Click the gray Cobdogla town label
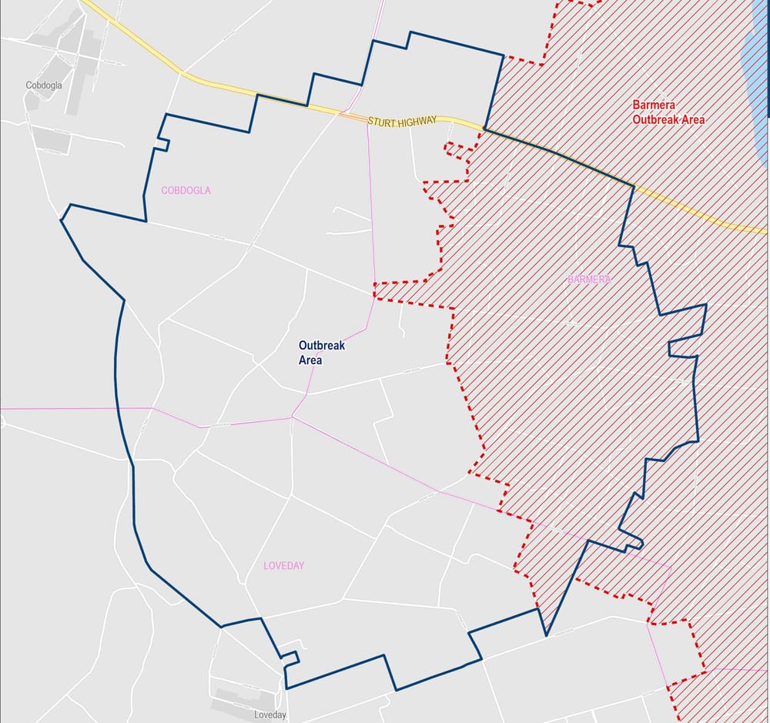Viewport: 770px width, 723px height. tap(43, 85)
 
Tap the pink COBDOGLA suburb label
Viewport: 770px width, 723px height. tap(186, 190)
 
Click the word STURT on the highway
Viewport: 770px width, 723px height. tap(382, 122)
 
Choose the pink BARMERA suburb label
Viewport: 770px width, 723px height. tap(588, 279)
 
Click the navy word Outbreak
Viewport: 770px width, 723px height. tap(322, 346)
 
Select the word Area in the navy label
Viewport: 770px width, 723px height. tap(310, 360)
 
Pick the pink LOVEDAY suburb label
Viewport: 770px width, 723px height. tap(283, 566)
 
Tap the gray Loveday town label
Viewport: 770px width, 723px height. tap(269, 715)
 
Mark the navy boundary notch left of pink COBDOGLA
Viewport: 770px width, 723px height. tap(162, 143)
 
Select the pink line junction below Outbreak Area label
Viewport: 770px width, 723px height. tap(292, 417)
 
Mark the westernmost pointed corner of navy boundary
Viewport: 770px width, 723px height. tap(62, 220)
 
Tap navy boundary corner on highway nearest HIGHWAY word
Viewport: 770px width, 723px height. tap(484, 128)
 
